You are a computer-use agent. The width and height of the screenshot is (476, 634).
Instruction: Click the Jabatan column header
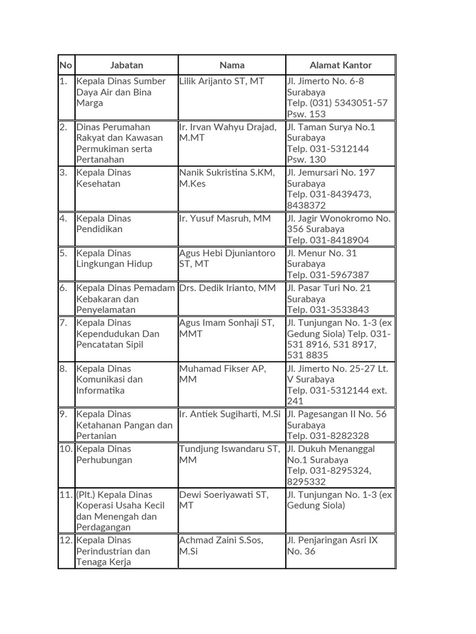coord(126,65)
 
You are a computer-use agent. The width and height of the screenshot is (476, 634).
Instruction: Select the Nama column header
coord(232,65)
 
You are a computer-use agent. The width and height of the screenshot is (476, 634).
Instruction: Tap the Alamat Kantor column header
coord(340,65)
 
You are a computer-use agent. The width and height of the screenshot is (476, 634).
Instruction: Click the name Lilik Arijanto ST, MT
coord(221,81)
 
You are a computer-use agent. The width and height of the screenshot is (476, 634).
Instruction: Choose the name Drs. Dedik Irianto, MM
coord(227,288)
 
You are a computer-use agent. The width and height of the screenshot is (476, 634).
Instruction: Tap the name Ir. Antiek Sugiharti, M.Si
coord(230,414)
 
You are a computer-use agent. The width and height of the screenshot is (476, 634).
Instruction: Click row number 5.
coord(63,253)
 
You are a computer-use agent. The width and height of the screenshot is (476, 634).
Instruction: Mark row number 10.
coord(66,449)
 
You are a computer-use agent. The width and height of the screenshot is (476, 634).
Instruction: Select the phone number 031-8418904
coord(341,240)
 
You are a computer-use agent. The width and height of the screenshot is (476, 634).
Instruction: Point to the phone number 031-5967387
coord(341,275)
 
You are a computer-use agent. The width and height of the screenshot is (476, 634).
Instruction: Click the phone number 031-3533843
coord(341,310)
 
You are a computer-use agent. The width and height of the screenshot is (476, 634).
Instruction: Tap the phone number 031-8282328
coord(341,436)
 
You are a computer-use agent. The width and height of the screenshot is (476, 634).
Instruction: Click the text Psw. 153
coord(306,114)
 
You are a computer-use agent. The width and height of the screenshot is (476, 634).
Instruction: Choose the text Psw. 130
coord(306,160)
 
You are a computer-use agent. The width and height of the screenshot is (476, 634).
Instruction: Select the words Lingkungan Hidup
coord(114,264)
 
